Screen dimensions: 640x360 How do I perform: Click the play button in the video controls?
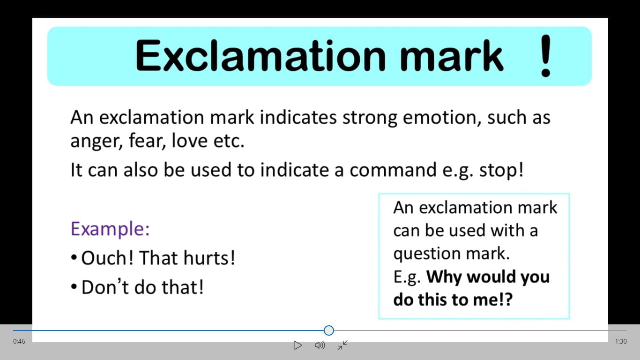298,345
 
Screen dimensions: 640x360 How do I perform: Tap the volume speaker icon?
320,345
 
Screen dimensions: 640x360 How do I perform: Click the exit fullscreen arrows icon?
342,345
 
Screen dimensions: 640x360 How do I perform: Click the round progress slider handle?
329,330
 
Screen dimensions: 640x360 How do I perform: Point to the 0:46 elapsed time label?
19,341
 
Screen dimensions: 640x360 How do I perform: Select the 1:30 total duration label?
621,341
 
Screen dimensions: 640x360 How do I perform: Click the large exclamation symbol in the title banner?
546,56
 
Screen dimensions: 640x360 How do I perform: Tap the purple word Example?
110,229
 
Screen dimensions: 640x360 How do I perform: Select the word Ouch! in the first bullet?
107,258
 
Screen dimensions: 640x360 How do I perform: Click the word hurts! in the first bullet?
209,258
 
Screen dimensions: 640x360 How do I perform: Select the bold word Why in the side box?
444,277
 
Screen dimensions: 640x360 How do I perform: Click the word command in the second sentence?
393,170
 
